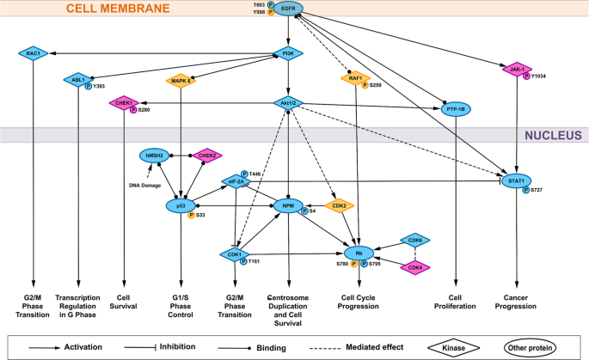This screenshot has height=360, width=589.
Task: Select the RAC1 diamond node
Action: click(31, 53)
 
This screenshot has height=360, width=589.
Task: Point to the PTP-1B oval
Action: click(456, 109)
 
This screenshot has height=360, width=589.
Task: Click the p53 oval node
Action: click(181, 206)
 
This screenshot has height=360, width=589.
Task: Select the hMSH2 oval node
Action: click(155, 156)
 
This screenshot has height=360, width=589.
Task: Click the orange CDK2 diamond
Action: click(339, 205)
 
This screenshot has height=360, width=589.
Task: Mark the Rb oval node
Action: click(359, 253)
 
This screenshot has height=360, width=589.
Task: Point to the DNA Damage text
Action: click(145, 186)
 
